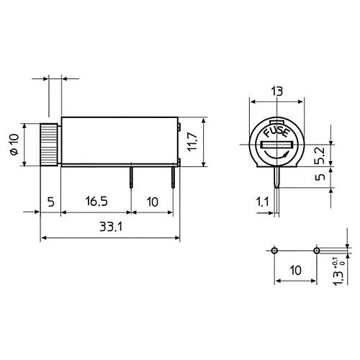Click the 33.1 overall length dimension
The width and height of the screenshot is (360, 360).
111,227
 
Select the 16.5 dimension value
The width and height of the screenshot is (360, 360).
96,201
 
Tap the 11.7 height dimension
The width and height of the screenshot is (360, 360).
192,142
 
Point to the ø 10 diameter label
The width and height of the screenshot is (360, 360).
14,145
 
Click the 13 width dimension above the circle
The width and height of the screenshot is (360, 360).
277,91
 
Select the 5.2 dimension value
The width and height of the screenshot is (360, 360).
320,156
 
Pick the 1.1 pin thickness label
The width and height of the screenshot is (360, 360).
263,202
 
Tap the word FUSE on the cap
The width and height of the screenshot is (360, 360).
276,132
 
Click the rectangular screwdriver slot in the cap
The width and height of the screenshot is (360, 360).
277,145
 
